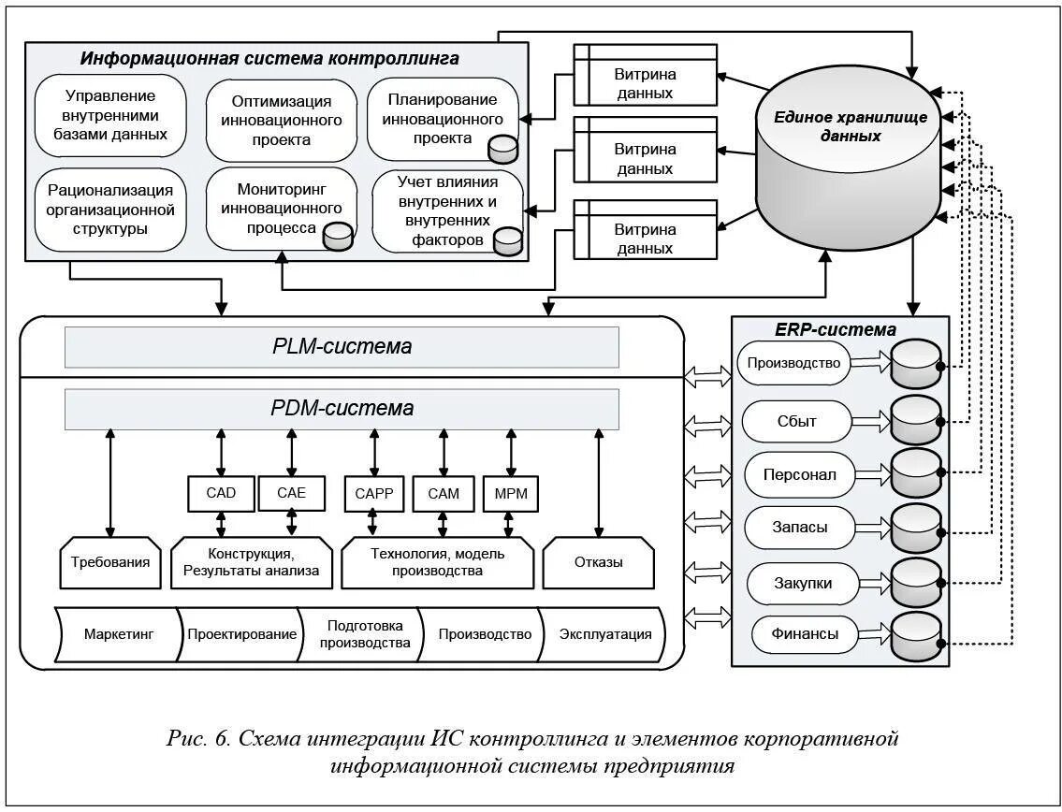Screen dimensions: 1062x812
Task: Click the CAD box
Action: pyautogui.click(x=221, y=493)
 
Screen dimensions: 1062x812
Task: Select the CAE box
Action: pyautogui.click(x=291, y=493)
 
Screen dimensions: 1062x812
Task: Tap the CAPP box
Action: pyautogui.click(x=374, y=494)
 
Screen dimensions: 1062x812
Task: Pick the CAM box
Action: pyautogui.click(x=443, y=494)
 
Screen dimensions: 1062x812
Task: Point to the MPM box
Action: pyautogui.click(x=511, y=494)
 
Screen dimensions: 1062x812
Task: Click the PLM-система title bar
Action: pyautogui.click(x=342, y=347)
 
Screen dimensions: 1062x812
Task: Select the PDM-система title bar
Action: pyautogui.click(x=342, y=409)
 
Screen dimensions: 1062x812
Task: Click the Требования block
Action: pyautogui.click(x=110, y=563)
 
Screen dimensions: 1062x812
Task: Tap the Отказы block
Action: pyautogui.click(x=599, y=563)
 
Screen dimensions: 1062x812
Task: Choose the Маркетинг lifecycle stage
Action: pyautogui.click(x=119, y=634)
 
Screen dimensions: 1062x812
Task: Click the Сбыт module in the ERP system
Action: pyautogui.click(x=796, y=421)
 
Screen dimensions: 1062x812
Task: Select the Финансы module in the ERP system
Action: pyautogui.click(x=805, y=634)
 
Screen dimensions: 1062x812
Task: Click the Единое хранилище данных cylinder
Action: pyautogui.click(x=848, y=159)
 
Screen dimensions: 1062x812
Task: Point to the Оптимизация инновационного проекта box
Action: pyautogui.click(x=281, y=121)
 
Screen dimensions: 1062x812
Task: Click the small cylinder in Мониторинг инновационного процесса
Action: pyautogui.click(x=337, y=236)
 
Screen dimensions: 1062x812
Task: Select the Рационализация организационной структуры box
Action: pyautogui.click(x=110, y=210)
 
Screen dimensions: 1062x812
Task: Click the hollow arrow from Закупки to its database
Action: pyautogui.click(x=875, y=582)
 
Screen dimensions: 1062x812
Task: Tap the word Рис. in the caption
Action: pyautogui.click(x=186, y=737)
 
